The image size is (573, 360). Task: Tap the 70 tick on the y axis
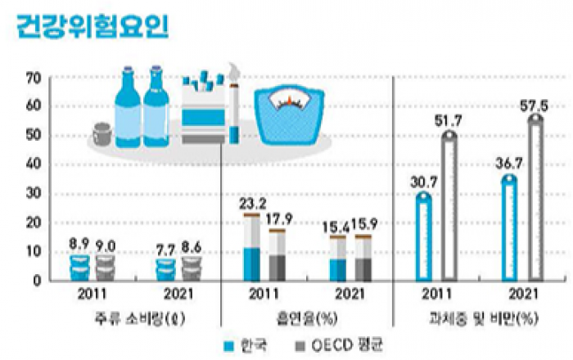click(33, 78)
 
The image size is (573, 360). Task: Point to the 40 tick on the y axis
click(33, 164)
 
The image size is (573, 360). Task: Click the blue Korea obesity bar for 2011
click(422, 237)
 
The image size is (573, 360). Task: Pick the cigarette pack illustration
click(202, 110)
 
